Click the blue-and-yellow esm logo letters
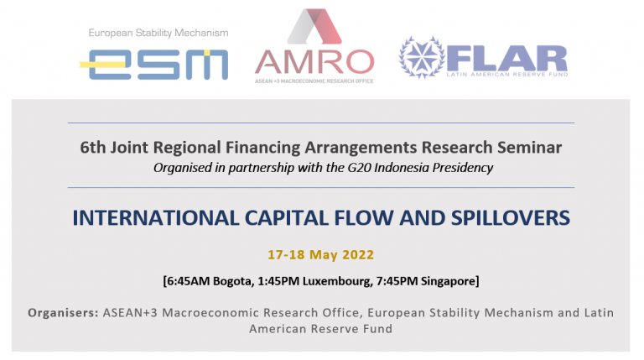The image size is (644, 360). [x=154, y=65]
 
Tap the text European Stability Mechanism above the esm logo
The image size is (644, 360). [x=158, y=33]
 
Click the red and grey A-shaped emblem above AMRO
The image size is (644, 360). [x=314, y=26]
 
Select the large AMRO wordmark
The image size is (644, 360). [x=314, y=61]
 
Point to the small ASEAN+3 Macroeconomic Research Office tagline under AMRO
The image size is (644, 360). [x=314, y=81]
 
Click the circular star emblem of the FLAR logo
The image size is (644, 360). [x=422, y=58]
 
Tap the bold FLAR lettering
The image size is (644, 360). [x=507, y=59]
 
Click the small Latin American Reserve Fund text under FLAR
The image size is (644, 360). [x=507, y=75]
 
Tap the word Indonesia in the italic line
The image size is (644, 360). [x=402, y=168]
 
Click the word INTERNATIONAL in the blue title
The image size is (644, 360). [x=156, y=218]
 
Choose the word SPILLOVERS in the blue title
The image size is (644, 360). [x=511, y=218]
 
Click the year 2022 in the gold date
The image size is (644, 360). [x=358, y=255]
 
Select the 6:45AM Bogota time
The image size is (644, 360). [x=210, y=281]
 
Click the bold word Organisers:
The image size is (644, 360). [x=63, y=313]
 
